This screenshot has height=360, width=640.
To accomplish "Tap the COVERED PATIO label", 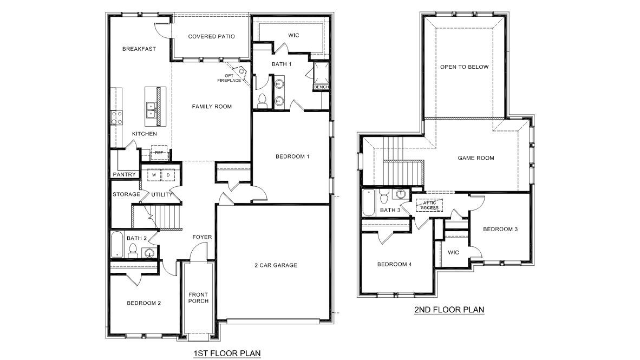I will pyautogui.click(x=211, y=37).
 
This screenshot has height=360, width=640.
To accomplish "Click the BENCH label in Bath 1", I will pyautogui.click(x=321, y=87).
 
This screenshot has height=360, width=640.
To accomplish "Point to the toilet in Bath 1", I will pyautogui.click(x=262, y=100).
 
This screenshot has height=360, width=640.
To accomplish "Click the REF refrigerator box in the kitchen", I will pyautogui.click(x=159, y=153).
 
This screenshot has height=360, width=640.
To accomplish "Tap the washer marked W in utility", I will pyautogui.click(x=154, y=175).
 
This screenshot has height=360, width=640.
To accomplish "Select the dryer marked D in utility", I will pyautogui.click(x=168, y=175).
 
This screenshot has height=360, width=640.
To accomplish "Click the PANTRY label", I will pyautogui.click(x=124, y=174).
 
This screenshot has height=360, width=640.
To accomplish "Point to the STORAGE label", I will pyautogui.click(x=126, y=194).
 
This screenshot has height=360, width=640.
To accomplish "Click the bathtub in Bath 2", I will pyautogui.click(x=117, y=245).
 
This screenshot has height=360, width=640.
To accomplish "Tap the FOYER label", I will pyautogui.click(x=202, y=237).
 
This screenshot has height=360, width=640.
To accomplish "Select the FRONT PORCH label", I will pyautogui.click(x=198, y=298).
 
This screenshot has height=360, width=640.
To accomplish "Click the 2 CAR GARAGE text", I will pyautogui.click(x=276, y=265).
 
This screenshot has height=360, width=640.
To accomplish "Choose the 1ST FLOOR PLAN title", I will pyautogui.click(x=227, y=354).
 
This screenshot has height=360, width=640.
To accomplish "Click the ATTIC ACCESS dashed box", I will pyautogui.click(x=429, y=205).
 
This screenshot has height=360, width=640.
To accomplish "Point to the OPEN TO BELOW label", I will pyautogui.click(x=464, y=67).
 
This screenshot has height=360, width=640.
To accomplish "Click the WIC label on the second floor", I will pyautogui.click(x=453, y=252).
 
